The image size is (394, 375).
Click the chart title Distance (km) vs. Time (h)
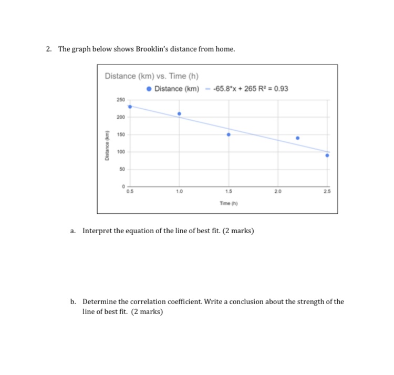[x=151, y=76]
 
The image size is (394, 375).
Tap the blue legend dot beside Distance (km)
[x=149, y=88]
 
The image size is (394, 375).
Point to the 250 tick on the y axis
[x=120, y=100]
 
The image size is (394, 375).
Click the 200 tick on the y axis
[x=120, y=117]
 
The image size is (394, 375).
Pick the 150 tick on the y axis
[x=120, y=134]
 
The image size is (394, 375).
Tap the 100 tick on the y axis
[x=120, y=152]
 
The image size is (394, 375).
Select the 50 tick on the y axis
[x=122, y=169]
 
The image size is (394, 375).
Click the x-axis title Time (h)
[x=229, y=202]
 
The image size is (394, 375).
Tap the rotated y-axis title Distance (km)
[x=107, y=144]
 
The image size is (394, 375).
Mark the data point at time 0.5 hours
[x=130, y=107]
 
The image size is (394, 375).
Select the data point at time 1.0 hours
[x=179, y=113]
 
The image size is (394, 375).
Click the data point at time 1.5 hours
[x=229, y=134]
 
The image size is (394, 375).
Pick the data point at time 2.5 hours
[x=327, y=155]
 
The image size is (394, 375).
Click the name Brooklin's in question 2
[x=152, y=49]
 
